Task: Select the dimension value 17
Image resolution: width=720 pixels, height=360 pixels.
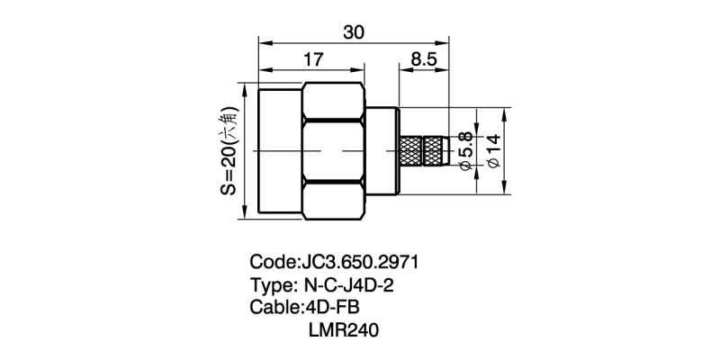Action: (312, 60)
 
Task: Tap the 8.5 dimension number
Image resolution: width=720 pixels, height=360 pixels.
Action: (424, 60)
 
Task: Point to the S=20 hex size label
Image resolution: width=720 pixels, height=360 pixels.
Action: (229, 150)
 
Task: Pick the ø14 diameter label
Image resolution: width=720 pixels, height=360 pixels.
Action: (492, 150)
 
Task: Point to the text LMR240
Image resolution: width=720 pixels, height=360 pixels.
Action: (343, 330)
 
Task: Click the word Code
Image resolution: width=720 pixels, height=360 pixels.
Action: (271, 263)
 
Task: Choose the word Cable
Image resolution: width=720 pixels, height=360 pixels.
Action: (274, 308)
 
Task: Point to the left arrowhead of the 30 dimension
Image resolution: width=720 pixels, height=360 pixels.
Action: (263, 40)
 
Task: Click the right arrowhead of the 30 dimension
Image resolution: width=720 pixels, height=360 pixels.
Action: (445, 40)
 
